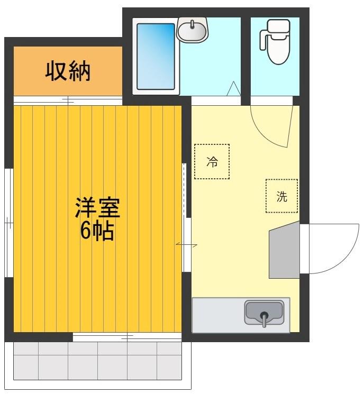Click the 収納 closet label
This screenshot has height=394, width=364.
pyautogui.click(x=67, y=71)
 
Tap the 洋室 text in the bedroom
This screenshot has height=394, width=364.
pyautogui.click(x=97, y=208)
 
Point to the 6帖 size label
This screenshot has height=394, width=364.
pyautogui.click(x=97, y=231)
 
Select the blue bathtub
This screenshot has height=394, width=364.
pyautogui.click(x=156, y=56)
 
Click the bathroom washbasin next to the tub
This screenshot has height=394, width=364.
pyautogui.click(x=192, y=30)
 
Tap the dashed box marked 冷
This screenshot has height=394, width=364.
pyautogui.click(x=212, y=162)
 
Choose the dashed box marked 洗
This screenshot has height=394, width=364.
pyautogui.click(x=281, y=196)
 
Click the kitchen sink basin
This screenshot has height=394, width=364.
pyautogui.click(x=264, y=312)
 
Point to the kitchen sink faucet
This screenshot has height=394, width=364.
pyautogui.click(x=263, y=317)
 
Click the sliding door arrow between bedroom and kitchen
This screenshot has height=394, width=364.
pyautogui.click(x=186, y=245)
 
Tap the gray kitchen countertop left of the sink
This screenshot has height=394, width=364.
pyautogui.click(x=217, y=315)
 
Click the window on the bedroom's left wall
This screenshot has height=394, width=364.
pyautogui.click(x=8, y=223)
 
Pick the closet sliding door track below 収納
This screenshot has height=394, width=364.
pyautogui.click(x=67, y=99)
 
